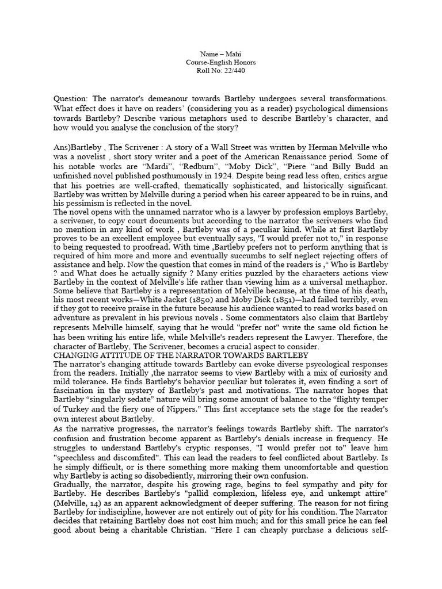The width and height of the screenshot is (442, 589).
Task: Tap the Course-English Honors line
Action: coord(220,62)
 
